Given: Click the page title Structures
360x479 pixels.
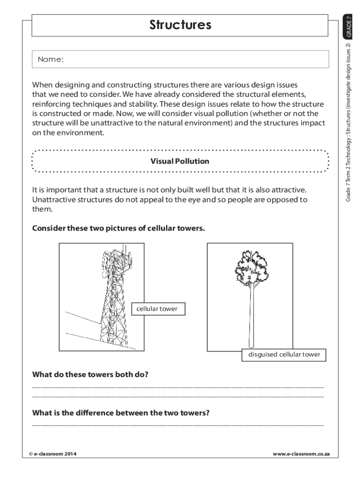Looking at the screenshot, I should click(x=180, y=25).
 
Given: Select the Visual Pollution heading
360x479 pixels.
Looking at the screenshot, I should click(x=180, y=161).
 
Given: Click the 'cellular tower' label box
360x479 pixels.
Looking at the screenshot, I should click(x=157, y=309).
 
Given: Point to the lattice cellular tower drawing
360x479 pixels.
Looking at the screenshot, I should click(x=112, y=299).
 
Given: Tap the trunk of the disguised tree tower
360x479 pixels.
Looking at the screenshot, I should click(x=252, y=318).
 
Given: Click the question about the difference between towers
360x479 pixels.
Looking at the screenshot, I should click(x=121, y=413).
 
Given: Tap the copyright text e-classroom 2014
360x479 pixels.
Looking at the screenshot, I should click(x=53, y=454).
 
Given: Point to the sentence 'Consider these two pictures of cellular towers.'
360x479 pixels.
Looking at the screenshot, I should click(x=118, y=229).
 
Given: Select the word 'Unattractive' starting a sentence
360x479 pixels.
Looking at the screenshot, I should click(x=53, y=200).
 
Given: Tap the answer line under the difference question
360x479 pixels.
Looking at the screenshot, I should click(x=178, y=425).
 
